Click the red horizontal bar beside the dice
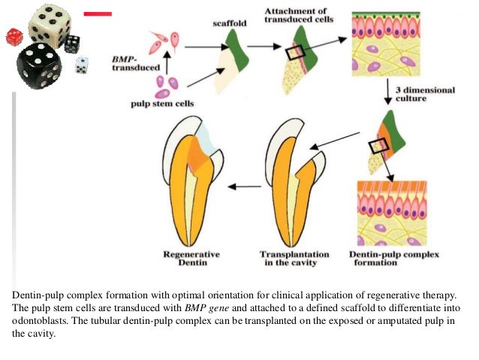98,14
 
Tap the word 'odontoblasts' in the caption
37,321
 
